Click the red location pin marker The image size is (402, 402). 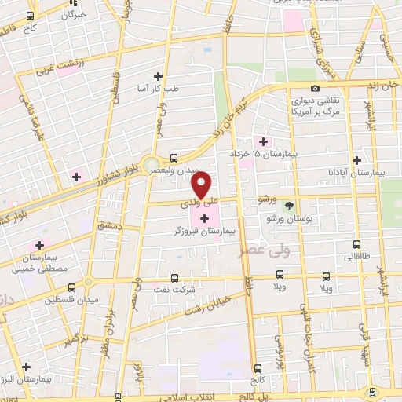pos(201,186)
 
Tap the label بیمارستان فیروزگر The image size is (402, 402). pos(206,232)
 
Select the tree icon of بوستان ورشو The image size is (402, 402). pos(290,206)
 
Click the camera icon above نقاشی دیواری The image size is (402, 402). pos(315,89)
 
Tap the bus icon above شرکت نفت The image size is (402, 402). pos(174,278)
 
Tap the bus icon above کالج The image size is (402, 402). pos(258,367)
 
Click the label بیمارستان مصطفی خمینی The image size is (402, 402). pos(32,263)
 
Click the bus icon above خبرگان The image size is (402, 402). pos(30,16)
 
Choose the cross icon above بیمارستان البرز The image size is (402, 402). pos(27,367)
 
